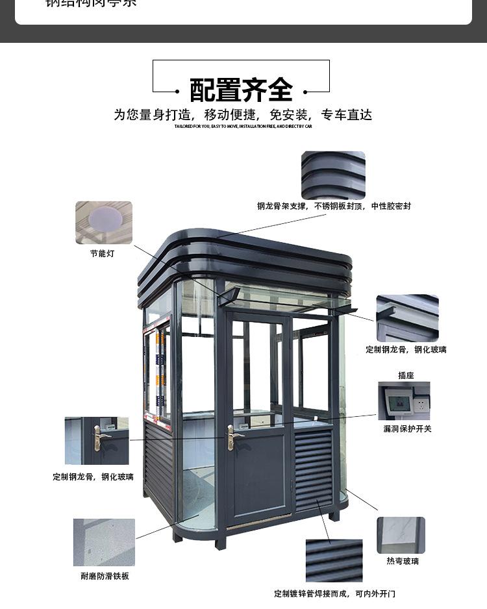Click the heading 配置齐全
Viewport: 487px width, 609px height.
pyautogui.click(x=241, y=90)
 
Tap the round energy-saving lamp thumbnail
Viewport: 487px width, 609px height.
pyautogui.click(x=103, y=222)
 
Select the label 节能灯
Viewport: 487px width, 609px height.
pyautogui.click(x=102, y=254)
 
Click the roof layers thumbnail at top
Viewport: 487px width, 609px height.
pyautogui.click(x=333, y=175)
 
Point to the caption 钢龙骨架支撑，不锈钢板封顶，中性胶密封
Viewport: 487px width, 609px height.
pyautogui.click(x=333, y=206)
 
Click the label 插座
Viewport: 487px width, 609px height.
pyautogui.click(x=406, y=375)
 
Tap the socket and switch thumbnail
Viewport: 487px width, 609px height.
pyautogui.click(x=404, y=401)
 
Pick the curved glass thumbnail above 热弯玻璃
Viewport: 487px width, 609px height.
pyautogui.click(x=401, y=535)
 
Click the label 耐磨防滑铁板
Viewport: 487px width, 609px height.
pyautogui.click(x=105, y=576)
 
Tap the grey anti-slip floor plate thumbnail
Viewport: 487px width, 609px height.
pyautogui.click(x=104, y=542)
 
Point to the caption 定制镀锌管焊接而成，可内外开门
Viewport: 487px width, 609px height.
pyautogui.click(x=334, y=594)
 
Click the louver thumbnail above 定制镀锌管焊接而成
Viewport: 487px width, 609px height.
pyautogui.click(x=334, y=561)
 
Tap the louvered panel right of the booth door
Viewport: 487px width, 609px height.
pyautogui.click(x=314, y=469)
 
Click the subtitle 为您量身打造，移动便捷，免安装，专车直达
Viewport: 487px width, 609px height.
pyautogui.click(x=243, y=115)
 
